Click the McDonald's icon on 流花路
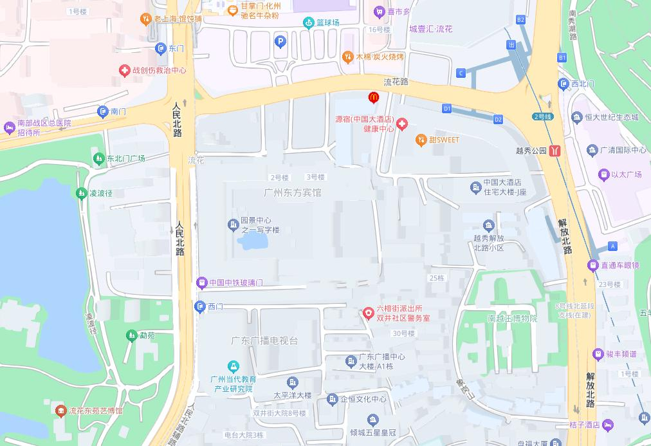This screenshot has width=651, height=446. coord(372,98)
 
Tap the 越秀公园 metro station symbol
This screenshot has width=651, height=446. coord(555,151)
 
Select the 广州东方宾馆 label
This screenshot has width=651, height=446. coord(292,192)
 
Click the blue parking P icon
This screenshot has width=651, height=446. coord(280,42)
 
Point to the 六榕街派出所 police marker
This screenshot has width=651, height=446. coord(368,313)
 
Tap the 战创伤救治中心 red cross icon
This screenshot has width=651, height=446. coord(124,70)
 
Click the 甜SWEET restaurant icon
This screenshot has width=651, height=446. coord(421,139)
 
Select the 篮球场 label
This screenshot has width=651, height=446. coord(327,23)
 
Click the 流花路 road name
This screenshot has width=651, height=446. coord(396,82)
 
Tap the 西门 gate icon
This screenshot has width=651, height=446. coord(200,307)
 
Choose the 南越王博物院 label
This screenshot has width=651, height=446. coord(512,318)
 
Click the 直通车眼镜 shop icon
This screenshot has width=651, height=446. coord(592,265)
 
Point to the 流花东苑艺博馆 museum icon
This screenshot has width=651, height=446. coord(60,411)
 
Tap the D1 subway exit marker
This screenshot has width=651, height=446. coord(447,109)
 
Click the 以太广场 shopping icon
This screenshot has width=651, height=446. coord(603,174)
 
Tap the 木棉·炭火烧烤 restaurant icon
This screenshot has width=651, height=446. coord(347,57)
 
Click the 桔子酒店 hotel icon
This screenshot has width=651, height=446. coord(608,425)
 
